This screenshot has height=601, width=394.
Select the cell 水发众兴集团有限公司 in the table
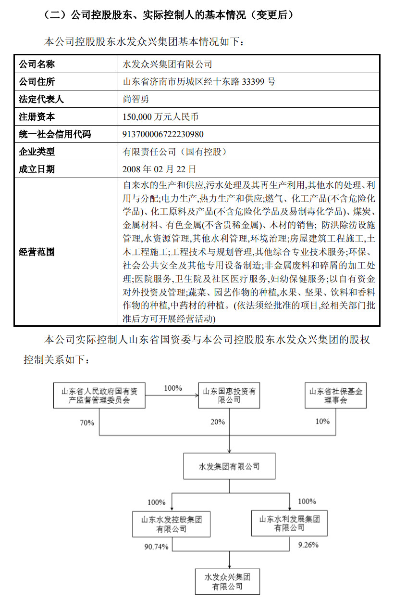coord(168,64)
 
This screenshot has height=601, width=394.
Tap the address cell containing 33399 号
coord(199,81)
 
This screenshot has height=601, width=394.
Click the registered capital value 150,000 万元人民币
coord(161,116)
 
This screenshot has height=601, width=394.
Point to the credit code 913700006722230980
coord(163,134)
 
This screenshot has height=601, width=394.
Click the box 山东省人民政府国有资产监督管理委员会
coord(99,396)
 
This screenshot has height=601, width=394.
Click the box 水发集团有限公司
coord(229,466)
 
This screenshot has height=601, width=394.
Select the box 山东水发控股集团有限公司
coord(171,524)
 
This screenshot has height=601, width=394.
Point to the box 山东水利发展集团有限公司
coord(289,524)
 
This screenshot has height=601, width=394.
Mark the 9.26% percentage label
coord(308,545)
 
